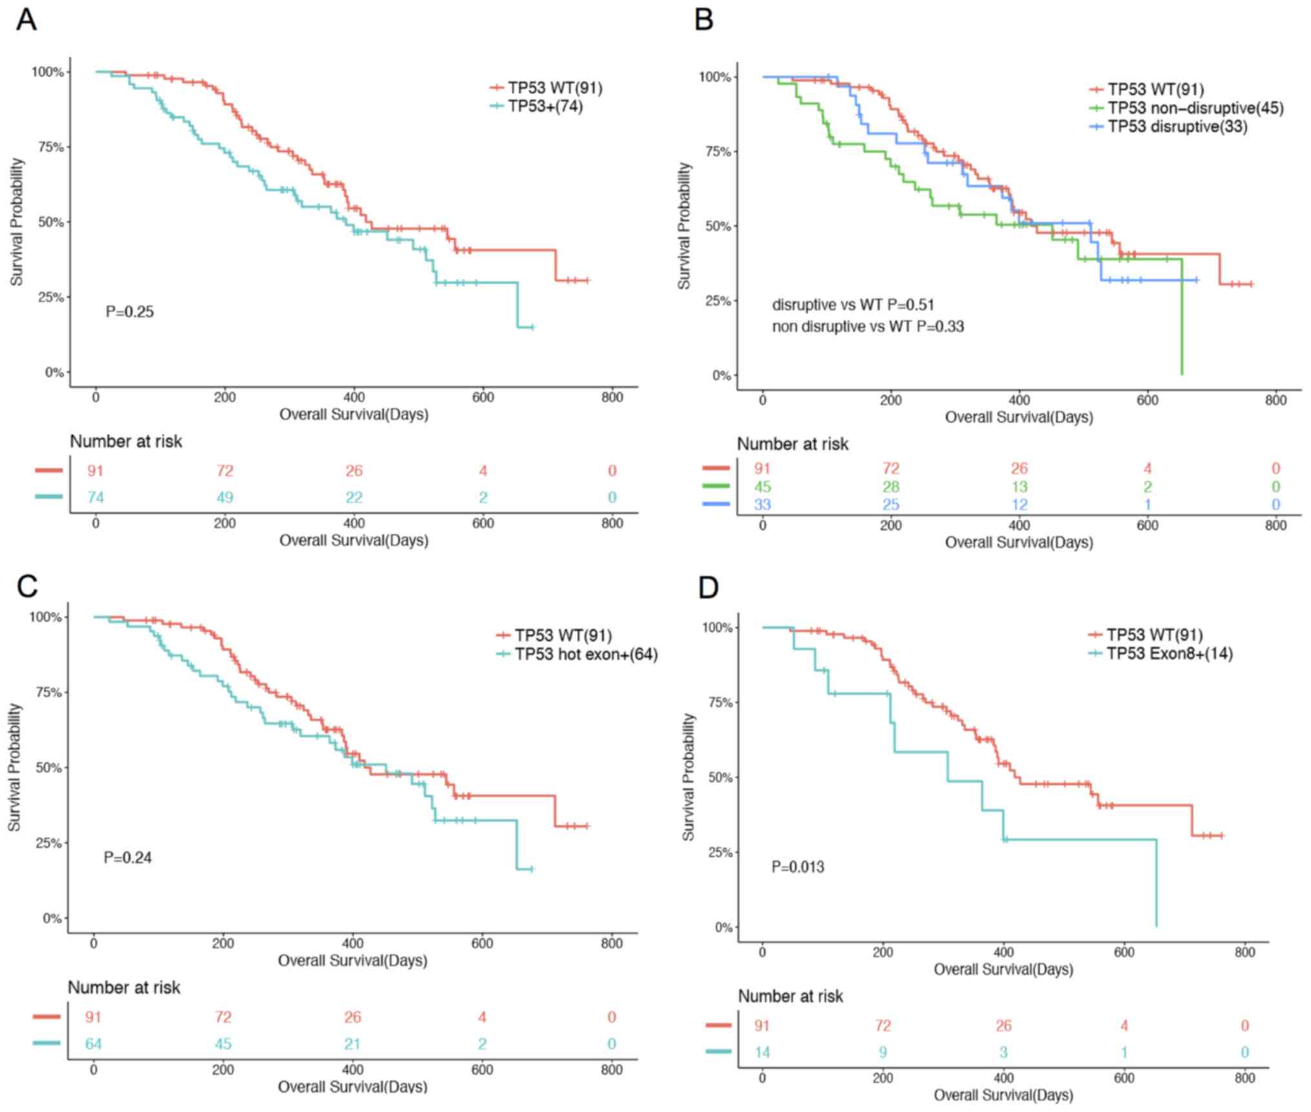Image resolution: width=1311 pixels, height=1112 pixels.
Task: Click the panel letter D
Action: click(x=708, y=587)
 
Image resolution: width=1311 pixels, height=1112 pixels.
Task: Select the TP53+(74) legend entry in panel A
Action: click(x=545, y=106)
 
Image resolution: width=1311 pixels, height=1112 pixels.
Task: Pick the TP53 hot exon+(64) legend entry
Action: click(x=585, y=654)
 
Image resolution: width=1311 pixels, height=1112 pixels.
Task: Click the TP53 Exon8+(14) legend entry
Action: click(x=1169, y=654)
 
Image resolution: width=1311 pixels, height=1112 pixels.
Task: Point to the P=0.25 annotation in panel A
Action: click(x=130, y=312)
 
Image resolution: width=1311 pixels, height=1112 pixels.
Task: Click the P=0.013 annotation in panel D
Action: click(x=798, y=867)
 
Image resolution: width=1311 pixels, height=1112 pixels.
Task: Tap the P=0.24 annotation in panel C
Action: click(x=128, y=858)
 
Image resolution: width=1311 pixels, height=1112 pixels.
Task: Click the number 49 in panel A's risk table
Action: click(x=225, y=498)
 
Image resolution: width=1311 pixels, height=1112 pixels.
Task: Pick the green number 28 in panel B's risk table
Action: click(x=891, y=487)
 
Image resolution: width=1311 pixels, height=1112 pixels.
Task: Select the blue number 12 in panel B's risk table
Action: click(x=1019, y=505)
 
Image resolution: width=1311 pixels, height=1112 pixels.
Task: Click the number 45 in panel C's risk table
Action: click(x=223, y=1044)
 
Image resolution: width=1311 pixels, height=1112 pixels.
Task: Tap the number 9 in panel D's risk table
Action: click(x=882, y=1053)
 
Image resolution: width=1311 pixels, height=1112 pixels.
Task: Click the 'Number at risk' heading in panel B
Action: click(x=792, y=444)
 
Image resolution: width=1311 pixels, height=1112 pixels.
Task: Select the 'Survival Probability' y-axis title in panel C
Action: click(x=14, y=767)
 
